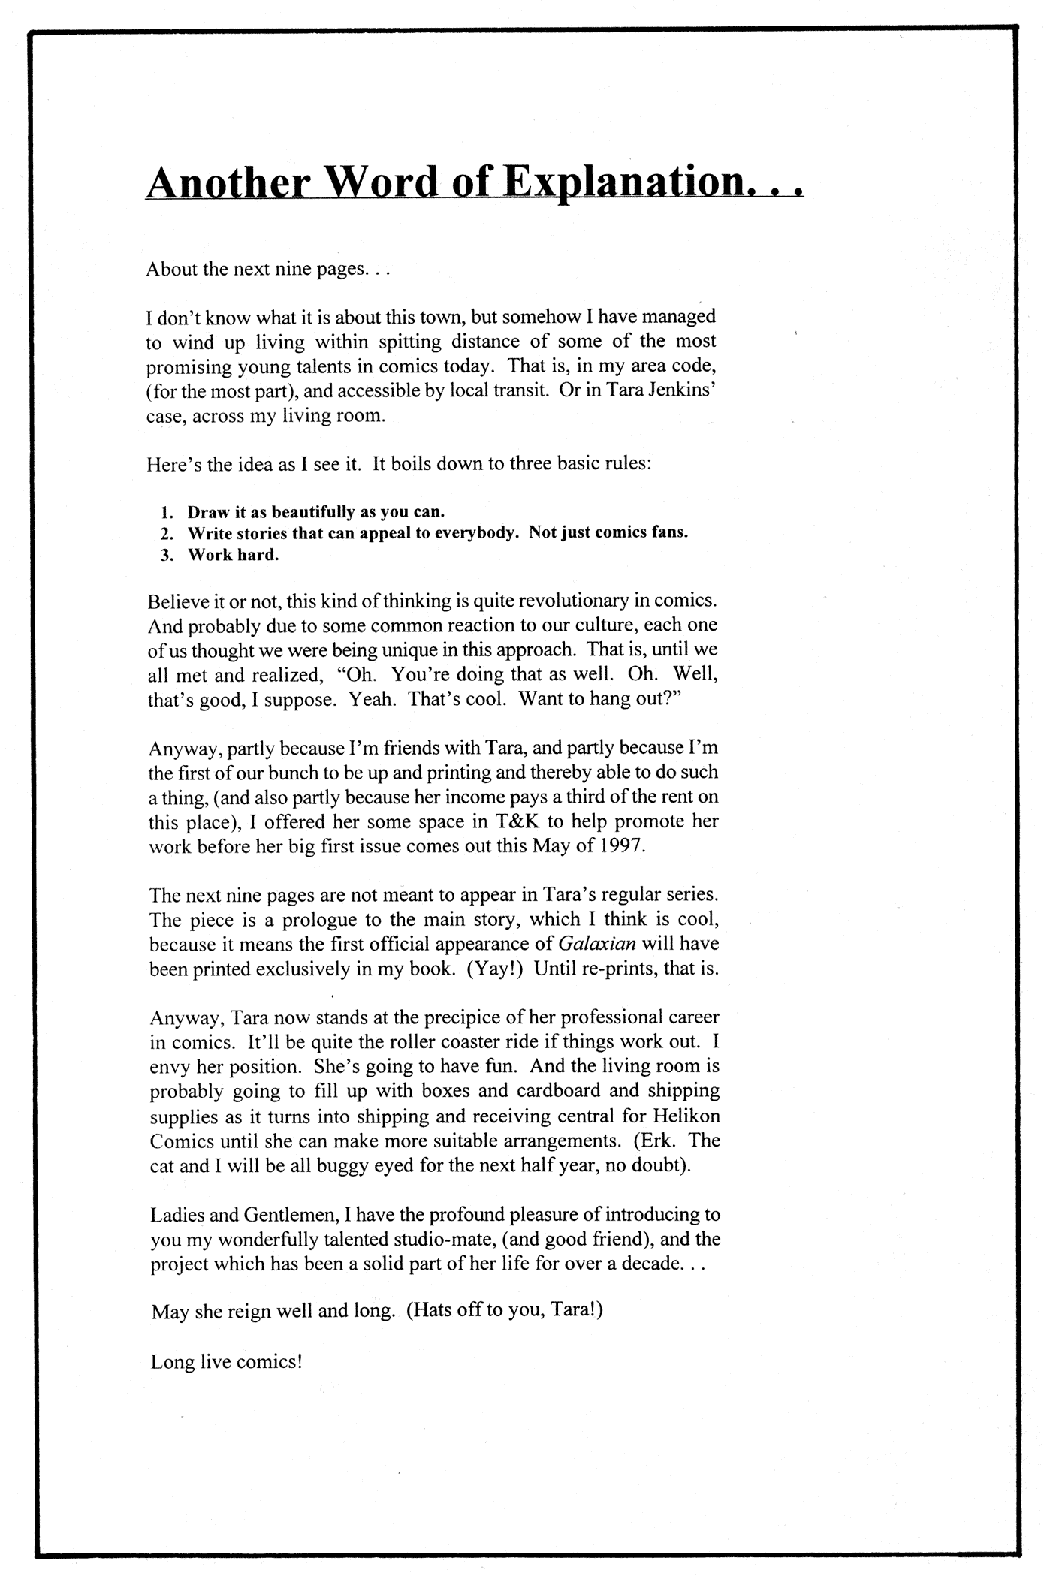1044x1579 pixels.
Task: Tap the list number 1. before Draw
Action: (167, 512)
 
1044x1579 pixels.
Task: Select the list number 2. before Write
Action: (167, 533)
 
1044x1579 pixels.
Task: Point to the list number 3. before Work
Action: (167, 555)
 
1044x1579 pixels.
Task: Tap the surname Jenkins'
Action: (671, 391)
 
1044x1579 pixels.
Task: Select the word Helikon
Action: (682, 1116)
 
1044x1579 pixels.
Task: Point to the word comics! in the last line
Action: (269, 1361)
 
